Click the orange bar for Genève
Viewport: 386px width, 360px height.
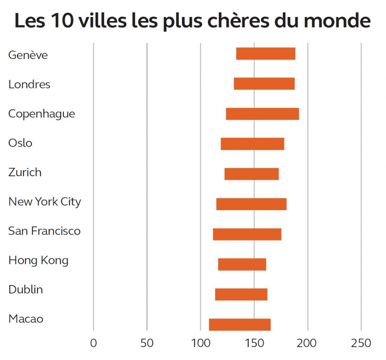[x=265, y=54]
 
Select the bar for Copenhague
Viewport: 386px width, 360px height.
[x=262, y=114]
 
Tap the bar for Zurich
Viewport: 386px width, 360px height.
[x=251, y=174]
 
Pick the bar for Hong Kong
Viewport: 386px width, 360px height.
[x=242, y=264]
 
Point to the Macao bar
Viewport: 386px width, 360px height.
[x=240, y=325]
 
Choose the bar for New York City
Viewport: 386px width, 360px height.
[x=251, y=204]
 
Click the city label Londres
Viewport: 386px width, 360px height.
[x=29, y=84]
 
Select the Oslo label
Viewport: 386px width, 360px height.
[x=20, y=143]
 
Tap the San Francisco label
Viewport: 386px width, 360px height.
[x=44, y=231]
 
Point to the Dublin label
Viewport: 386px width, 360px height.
[x=26, y=290]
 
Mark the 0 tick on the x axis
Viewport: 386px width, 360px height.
[x=93, y=343]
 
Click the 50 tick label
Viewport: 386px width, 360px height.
[x=147, y=343]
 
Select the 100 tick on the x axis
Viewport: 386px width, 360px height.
[x=201, y=343]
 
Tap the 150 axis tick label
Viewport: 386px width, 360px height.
[x=254, y=343]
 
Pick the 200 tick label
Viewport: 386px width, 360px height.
[x=308, y=343]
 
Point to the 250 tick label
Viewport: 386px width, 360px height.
[x=361, y=343]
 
